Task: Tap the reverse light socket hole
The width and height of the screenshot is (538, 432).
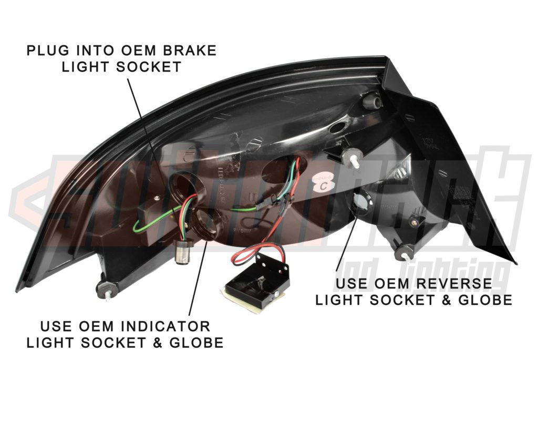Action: (360, 202)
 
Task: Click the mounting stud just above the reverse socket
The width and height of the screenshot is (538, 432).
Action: (351, 158)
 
